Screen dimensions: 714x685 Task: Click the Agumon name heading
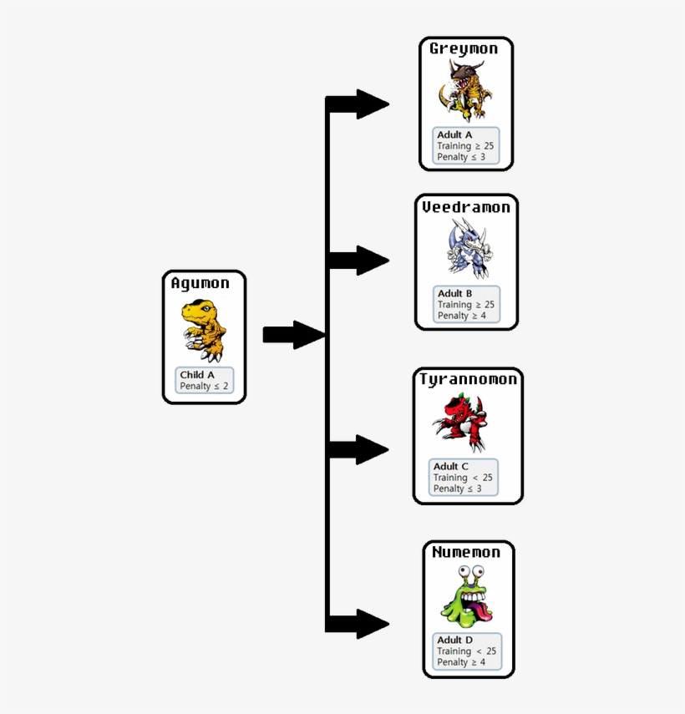(x=200, y=283)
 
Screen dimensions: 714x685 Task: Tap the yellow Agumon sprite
(x=204, y=331)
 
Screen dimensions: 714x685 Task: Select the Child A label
(x=197, y=375)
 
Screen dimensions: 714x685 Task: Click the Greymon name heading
(x=464, y=48)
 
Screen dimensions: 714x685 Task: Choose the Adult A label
(x=454, y=134)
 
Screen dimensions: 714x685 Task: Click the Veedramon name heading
(x=466, y=207)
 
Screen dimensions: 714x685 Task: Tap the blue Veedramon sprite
(x=467, y=248)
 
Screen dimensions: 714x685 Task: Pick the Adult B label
(x=454, y=293)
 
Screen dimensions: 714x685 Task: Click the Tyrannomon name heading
(x=468, y=379)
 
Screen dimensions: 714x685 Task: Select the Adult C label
(x=451, y=466)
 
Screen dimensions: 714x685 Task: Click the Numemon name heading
(x=466, y=552)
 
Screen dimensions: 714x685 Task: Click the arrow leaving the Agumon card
(x=292, y=335)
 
